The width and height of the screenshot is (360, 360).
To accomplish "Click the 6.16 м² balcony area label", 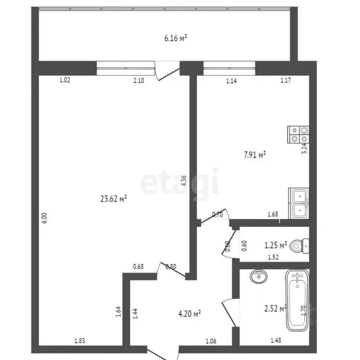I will point(176,38).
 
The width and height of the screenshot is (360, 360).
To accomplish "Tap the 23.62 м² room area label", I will point(114,198).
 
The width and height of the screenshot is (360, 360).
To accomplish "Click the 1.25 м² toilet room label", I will point(276,245).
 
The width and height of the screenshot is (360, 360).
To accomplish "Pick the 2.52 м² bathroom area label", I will point(276,308).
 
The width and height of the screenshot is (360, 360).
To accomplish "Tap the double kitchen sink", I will point(299,203).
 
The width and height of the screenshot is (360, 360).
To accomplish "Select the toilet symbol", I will point(299,245).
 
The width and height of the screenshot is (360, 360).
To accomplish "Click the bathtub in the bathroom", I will point(297,300).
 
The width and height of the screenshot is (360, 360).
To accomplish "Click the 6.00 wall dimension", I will point(45,218).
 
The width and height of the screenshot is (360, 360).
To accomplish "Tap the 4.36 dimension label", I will point(184,180).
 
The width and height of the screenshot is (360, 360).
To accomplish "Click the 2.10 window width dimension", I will point(139,81).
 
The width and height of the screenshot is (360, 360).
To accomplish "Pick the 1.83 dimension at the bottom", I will point(80,341).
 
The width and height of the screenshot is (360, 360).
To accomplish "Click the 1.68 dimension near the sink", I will point(272,215).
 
